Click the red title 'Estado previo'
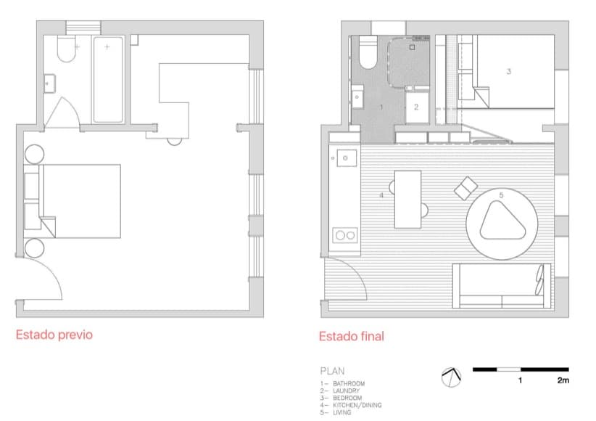[x=54, y=335]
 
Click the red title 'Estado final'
[x=352, y=336]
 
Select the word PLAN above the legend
[x=333, y=371]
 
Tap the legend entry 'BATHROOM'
[x=349, y=383]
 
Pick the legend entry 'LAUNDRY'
[x=347, y=391]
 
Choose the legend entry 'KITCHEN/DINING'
[x=357, y=405]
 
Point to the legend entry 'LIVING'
[x=342, y=412]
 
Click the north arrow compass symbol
[x=451, y=377]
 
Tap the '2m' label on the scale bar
[x=563, y=380]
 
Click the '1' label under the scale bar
[x=520, y=380]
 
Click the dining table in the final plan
[x=408, y=199]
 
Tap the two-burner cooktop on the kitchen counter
[x=345, y=235]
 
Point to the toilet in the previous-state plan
[x=67, y=49]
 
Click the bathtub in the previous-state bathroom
[x=108, y=80]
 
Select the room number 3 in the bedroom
[x=509, y=71]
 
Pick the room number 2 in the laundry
[x=416, y=107]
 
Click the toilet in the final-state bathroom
[x=368, y=52]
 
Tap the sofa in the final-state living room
[x=502, y=285]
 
